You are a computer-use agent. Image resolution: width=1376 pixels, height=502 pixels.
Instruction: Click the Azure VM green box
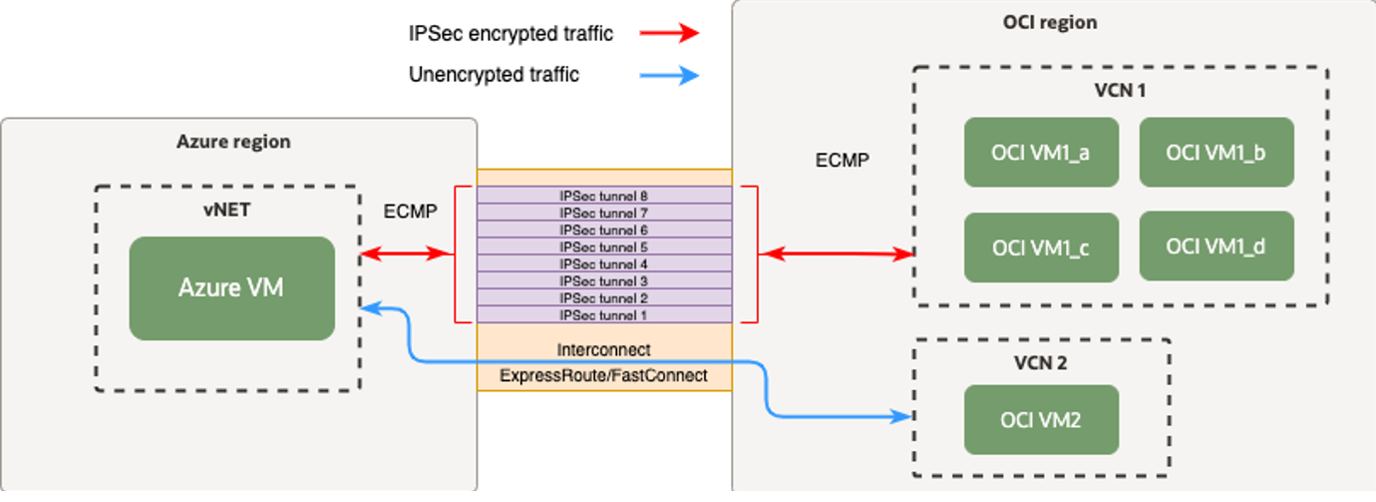[x=231, y=287]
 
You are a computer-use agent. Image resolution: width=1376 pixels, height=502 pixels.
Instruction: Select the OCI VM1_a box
[x=1041, y=152]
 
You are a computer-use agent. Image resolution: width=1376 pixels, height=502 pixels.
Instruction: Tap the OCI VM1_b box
[x=1216, y=152]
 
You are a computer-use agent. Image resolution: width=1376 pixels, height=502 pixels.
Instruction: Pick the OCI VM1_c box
[x=1041, y=247]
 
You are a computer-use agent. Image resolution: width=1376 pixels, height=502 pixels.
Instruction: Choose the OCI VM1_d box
[x=1216, y=246]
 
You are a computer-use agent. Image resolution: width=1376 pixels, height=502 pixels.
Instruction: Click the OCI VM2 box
[x=1041, y=419]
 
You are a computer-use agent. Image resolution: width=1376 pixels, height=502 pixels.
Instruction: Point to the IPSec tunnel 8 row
[x=604, y=196]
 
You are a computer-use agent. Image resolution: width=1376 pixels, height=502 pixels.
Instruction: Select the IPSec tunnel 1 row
[x=604, y=314]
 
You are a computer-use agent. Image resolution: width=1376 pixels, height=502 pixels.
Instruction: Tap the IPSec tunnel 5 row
[x=604, y=247]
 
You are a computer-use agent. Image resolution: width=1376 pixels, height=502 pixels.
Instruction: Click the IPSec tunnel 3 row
[x=604, y=280]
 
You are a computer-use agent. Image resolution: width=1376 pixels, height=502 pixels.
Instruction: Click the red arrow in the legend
[x=674, y=33]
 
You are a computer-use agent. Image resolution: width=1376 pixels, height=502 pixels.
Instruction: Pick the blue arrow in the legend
[x=674, y=75]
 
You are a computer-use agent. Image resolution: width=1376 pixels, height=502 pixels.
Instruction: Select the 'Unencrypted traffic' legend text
[x=494, y=75]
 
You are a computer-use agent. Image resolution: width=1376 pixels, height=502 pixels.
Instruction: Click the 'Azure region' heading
[x=233, y=142]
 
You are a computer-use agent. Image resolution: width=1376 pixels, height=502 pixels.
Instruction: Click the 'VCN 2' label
[x=1040, y=363]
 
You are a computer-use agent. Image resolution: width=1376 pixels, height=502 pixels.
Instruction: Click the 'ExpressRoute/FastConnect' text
[x=604, y=375]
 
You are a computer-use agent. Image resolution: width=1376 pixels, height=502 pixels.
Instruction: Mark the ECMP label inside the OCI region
[x=841, y=160]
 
